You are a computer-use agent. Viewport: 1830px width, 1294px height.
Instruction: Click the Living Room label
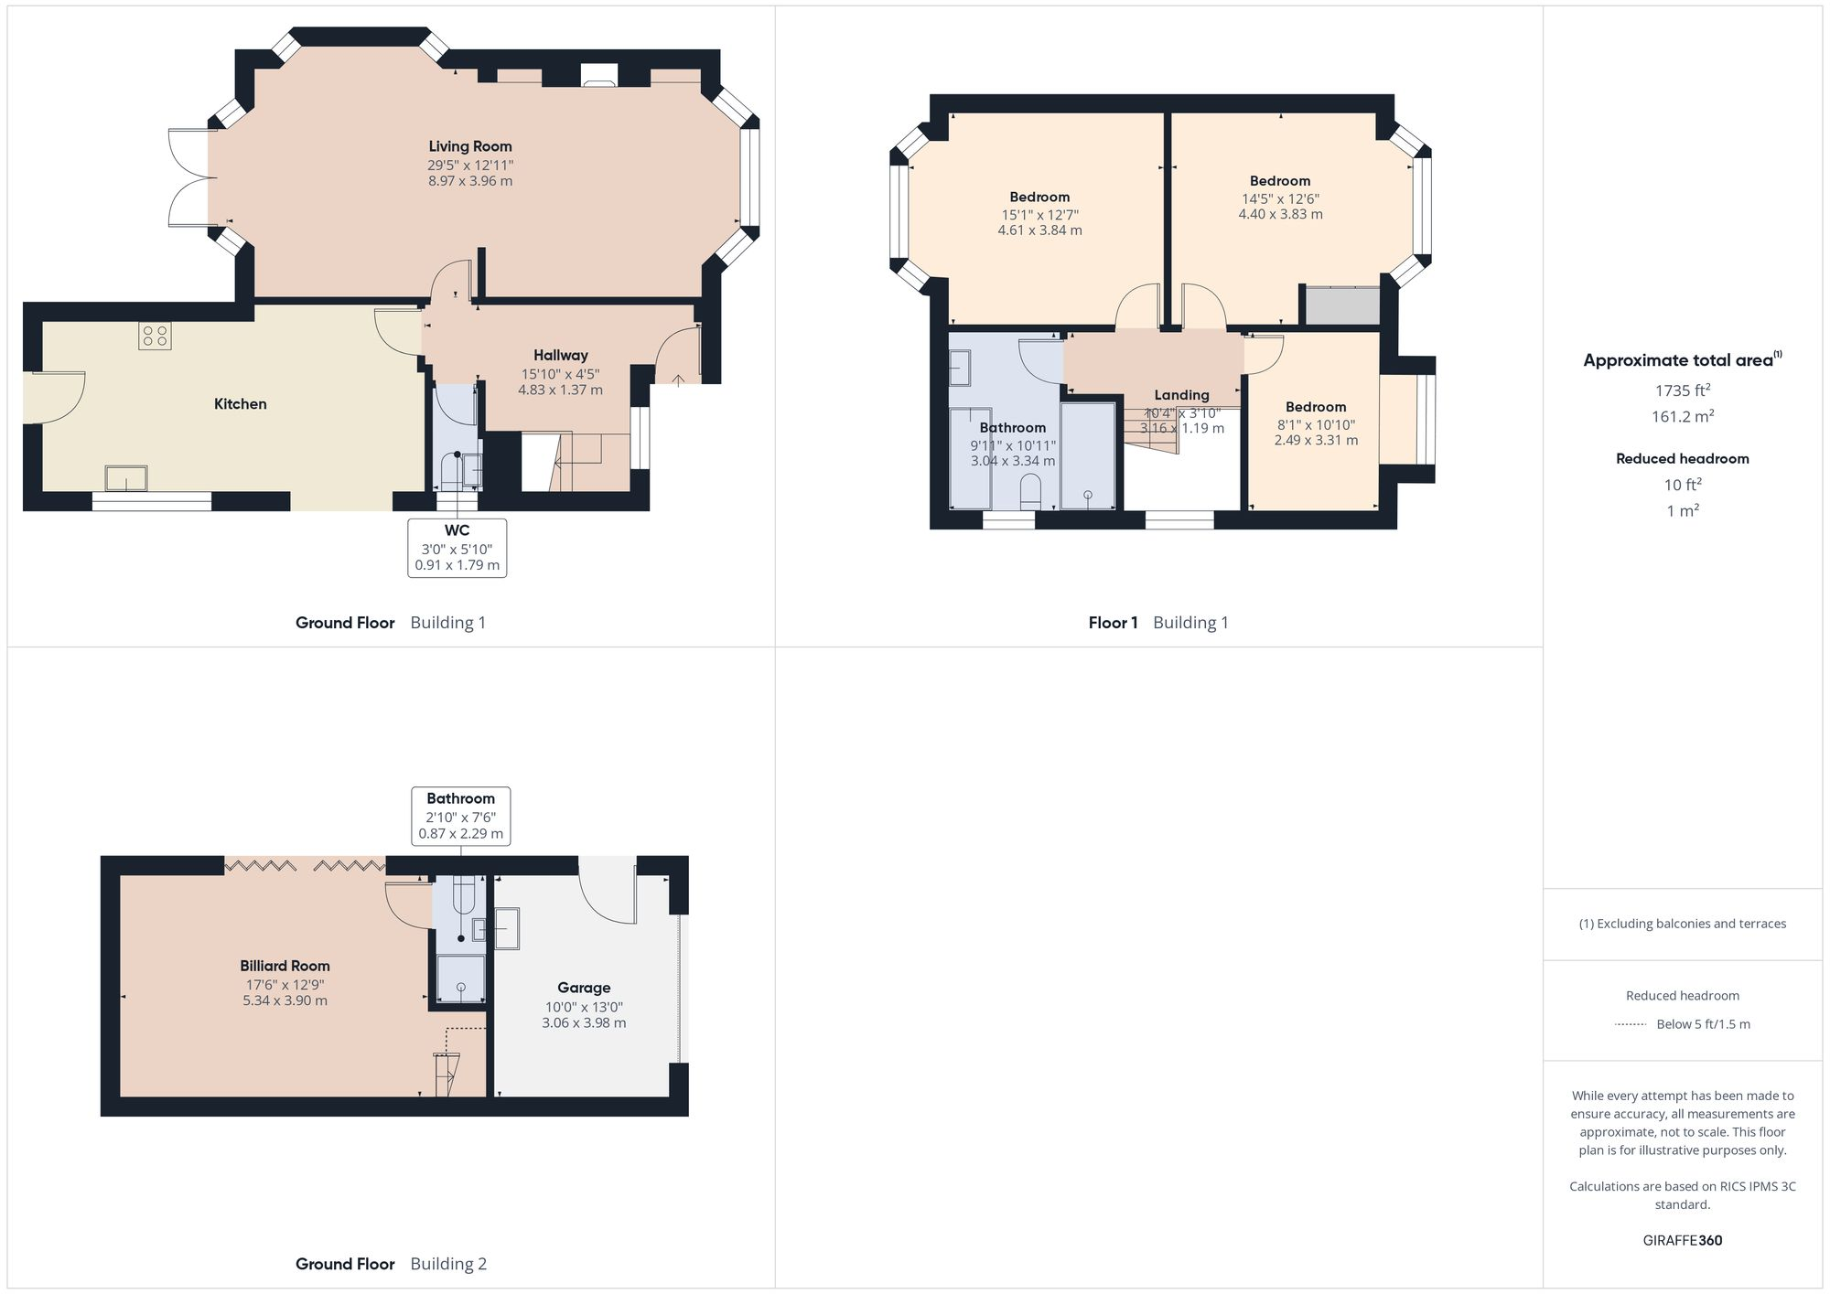point(469,146)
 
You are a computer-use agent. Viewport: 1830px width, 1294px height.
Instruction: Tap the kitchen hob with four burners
point(155,337)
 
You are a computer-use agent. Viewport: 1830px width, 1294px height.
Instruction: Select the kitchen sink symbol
point(125,478)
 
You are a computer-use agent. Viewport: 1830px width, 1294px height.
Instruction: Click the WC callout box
point(457,548)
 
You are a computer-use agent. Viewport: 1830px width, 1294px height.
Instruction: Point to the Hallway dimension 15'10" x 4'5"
point(560,373)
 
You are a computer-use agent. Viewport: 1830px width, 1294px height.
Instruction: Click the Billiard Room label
point(285,966)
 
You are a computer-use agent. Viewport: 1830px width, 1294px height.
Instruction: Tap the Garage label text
point(584,988)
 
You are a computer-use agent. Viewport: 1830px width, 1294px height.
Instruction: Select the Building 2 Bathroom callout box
point(460,816)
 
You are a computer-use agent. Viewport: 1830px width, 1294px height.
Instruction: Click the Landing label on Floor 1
point(1181,395)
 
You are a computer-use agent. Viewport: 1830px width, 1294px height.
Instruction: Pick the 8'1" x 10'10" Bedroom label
point(1315,408)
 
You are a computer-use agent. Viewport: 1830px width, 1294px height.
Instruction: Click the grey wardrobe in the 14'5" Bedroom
point(1341,306)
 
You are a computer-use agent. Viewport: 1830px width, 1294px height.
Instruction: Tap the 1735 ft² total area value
point(1682,390)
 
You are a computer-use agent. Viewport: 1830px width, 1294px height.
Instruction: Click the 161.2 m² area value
point(1682,417)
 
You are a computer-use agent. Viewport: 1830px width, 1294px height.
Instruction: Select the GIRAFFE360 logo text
point(1682,1241)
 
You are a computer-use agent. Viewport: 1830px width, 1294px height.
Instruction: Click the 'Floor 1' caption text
point(1113,623)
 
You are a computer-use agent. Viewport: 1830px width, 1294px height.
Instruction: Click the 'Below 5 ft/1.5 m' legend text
point(1703,1024)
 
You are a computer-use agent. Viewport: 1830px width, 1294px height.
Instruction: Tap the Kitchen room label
point(240,404)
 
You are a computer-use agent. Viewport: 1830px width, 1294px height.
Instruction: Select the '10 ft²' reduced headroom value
point(1682,486)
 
